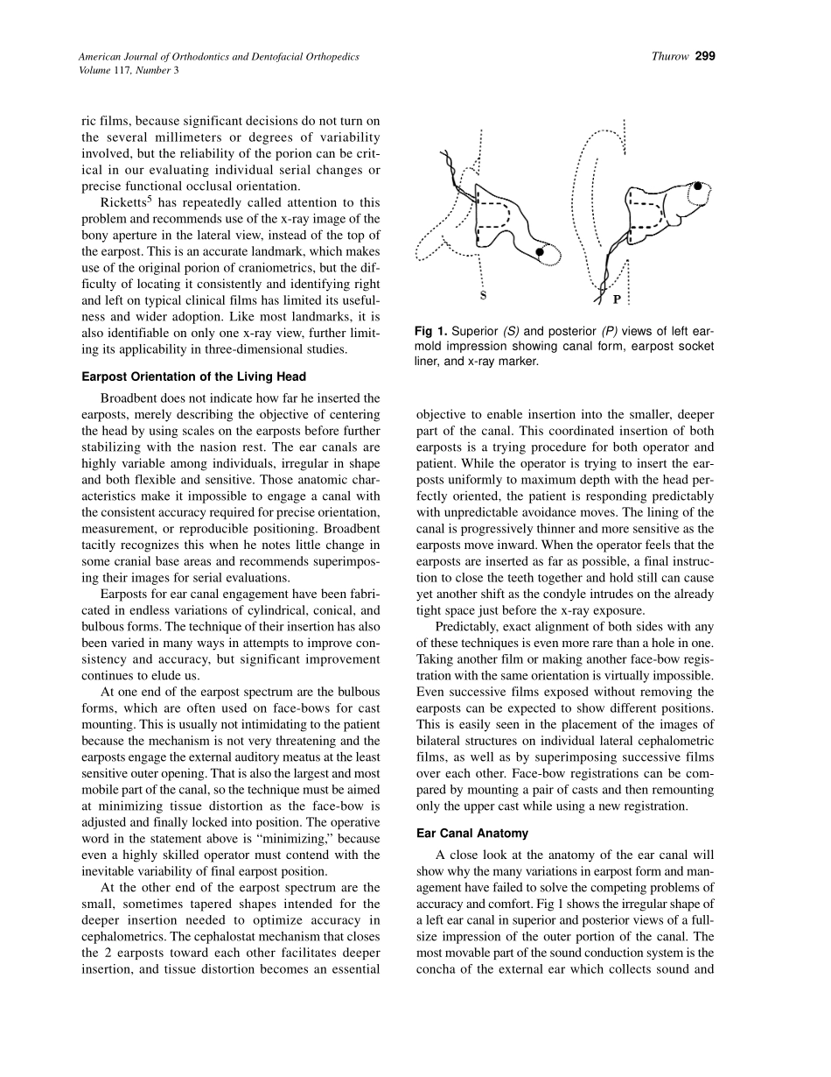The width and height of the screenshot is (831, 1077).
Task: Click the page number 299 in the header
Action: coord(706,57)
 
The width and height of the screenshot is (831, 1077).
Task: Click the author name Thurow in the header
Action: coord(671,57)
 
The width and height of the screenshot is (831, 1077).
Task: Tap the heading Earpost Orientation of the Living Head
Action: coord(193,377)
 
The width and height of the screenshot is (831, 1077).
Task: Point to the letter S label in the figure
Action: coord(483,295)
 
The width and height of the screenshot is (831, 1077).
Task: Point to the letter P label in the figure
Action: coord(617,299)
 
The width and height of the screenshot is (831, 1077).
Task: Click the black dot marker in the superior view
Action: coord(541,252)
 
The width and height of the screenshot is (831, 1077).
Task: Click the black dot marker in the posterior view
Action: coord(698,187)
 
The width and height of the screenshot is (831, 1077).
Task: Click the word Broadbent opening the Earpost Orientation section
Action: coord(131,398)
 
